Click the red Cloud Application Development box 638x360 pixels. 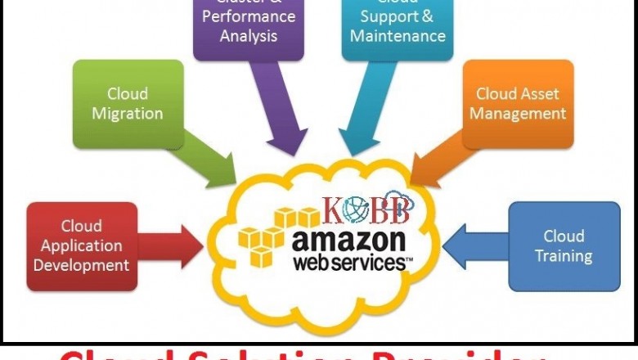82,246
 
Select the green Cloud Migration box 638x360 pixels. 128,104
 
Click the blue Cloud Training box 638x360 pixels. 564,246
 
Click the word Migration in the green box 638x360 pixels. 128,114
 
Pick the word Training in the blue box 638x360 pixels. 564,256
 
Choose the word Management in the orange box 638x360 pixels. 518,114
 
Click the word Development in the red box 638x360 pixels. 82,265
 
